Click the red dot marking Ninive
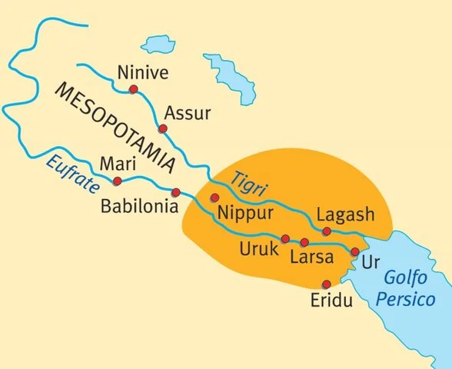pyautogui.click(x=134, y=90)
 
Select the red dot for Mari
pyautogui.click(x=117, y=181)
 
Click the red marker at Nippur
pyautogui.click(x=214, y=198)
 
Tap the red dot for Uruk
pyautogui.click(x=285, y=238)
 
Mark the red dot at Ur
pyautogui.click(x=354, y=251)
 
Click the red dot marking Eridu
pyautogui.click(x=326, y=284)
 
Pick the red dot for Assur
pyautogui.click(x=162, y=128)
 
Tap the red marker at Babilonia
pyautogui.click(x=176, y=192)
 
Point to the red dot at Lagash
pyautogui.click(x=327, y=231)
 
